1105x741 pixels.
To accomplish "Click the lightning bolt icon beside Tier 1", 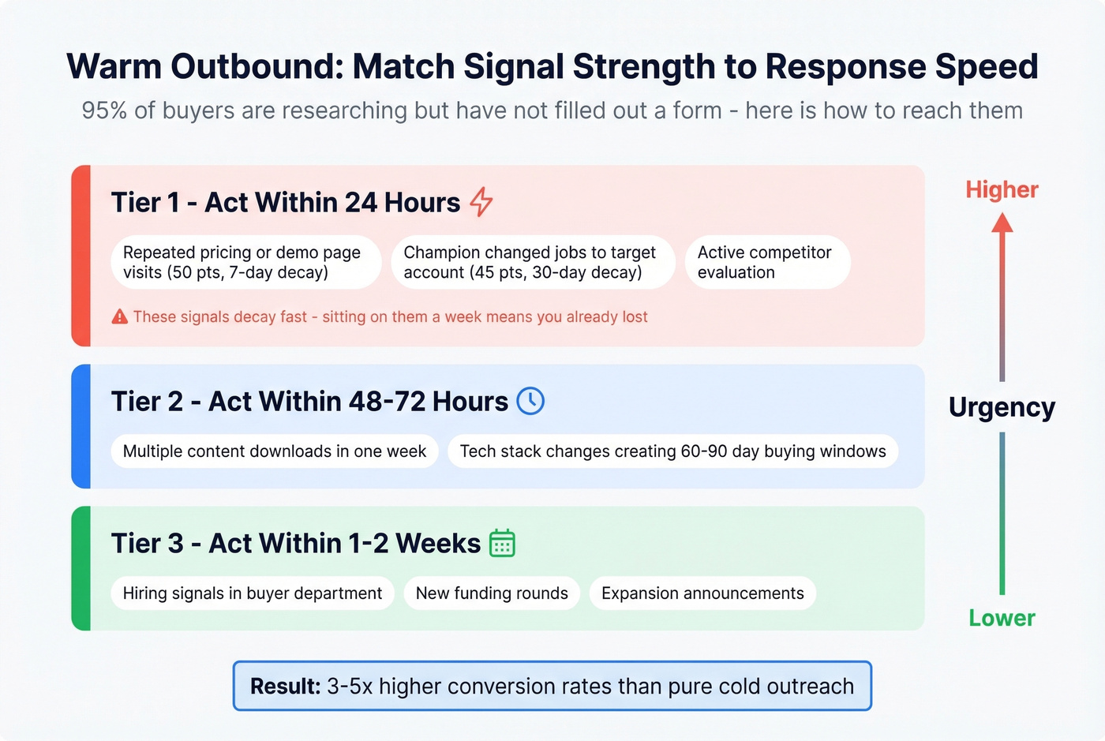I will (x=481, y=202).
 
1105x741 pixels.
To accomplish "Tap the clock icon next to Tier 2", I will (x=530, y=401).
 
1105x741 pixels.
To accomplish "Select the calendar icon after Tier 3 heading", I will (x=502, y=544).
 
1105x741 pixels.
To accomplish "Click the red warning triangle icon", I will (x=120, y=317).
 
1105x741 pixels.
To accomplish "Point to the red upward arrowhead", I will (x=1002, y=223).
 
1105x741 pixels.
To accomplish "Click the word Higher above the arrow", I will (x=1002, y=189).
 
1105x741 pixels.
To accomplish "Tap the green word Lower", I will (x=1002, y=618).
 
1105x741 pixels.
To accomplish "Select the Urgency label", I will (x=1002, y=407).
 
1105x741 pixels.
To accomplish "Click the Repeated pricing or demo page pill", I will (x=245, y=262).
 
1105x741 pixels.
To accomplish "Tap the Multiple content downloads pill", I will (x=274, y=451).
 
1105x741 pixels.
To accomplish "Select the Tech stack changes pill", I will (x=672, y=451).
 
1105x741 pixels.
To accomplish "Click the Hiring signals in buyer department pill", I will (x=253, y=593).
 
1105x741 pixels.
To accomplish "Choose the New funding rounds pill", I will (x=492, y=593).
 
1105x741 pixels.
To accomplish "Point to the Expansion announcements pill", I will (x=702, y=593).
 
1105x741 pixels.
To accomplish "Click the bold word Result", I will (x=285, y=687).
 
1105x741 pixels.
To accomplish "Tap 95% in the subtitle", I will (x=104, y=110).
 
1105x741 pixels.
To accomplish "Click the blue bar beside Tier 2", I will (x=81, y=426).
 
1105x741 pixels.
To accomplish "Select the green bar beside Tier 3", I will (x=81, y=568).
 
